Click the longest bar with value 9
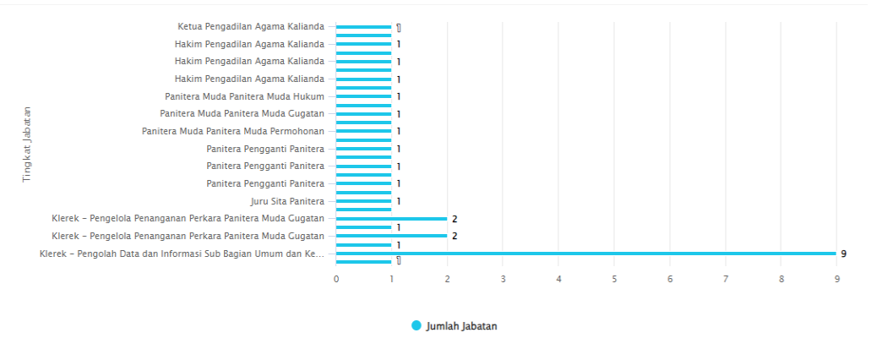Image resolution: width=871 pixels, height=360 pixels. (x=586, y=254)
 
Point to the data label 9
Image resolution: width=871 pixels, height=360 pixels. (x=843, y=254)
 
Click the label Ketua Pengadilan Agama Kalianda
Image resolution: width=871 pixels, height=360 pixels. (x=251, y=26)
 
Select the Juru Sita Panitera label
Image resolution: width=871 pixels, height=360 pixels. (x=287, y=201)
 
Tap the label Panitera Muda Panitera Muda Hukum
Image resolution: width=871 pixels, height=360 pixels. (x=244, y=96)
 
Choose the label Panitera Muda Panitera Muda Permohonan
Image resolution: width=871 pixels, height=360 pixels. (x=233, y=131)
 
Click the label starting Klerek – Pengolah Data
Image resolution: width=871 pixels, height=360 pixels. (x=182, y=254)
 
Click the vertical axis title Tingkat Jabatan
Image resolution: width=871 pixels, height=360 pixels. (x=27, y=144)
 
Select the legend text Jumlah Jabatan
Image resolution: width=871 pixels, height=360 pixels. (x=461, y=326)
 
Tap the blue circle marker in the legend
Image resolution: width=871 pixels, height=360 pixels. (x=416, y=326)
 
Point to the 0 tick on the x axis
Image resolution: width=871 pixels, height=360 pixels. (x=336, y=278)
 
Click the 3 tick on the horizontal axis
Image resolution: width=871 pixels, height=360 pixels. (x=503, y=278)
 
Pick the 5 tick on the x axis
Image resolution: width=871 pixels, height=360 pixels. (x=614, y=278)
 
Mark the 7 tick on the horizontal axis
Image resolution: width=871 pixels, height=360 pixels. (x=726, y=278)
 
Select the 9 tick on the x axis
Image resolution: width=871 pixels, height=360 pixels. (x=836, y=278)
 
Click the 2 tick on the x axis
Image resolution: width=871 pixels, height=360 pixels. (x=447, y=278)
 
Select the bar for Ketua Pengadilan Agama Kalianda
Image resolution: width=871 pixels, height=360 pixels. (x=363, y=27)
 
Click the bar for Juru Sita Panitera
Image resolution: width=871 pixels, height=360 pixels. (x=363, y=201)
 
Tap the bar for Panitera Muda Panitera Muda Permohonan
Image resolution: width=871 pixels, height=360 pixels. (x=363, y=131)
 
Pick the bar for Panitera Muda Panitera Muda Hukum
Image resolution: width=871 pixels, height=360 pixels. (x=363, y=96)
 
